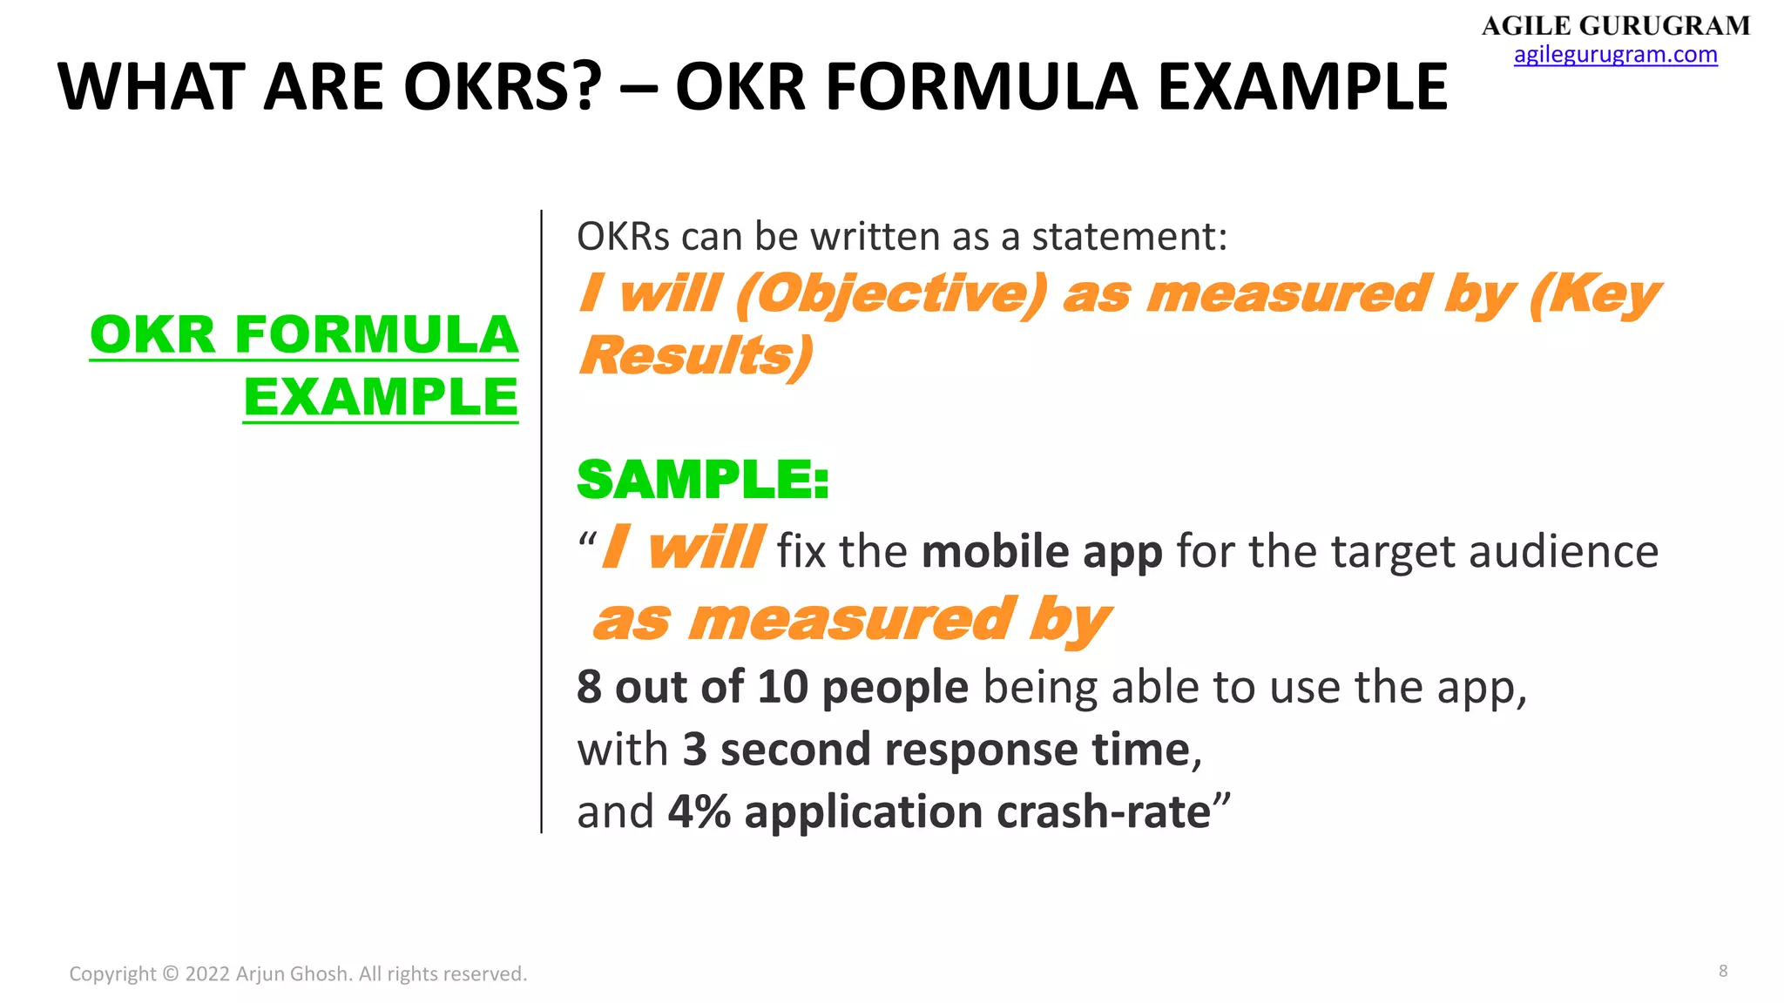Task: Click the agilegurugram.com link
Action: pos(1615,55)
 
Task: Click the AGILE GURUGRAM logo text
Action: pos(1615,25)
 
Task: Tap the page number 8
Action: pos(1722,971)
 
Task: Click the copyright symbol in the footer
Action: pos(170,973)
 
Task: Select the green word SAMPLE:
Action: pos(702,480)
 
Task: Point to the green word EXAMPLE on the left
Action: pos(381,397)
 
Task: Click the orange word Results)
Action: pos(695,356)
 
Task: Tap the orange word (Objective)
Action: pos(890,294)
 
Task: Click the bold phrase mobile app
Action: pos(1042,552)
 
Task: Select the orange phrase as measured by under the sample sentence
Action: pos(851,621)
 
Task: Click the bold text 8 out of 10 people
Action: pos(772,687)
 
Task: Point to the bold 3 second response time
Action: pos(936,750)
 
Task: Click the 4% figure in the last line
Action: pos(699,811)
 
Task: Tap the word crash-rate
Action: pos(1103,811)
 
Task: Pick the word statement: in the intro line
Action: pos(1129,237)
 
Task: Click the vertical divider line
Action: pos(541,522)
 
